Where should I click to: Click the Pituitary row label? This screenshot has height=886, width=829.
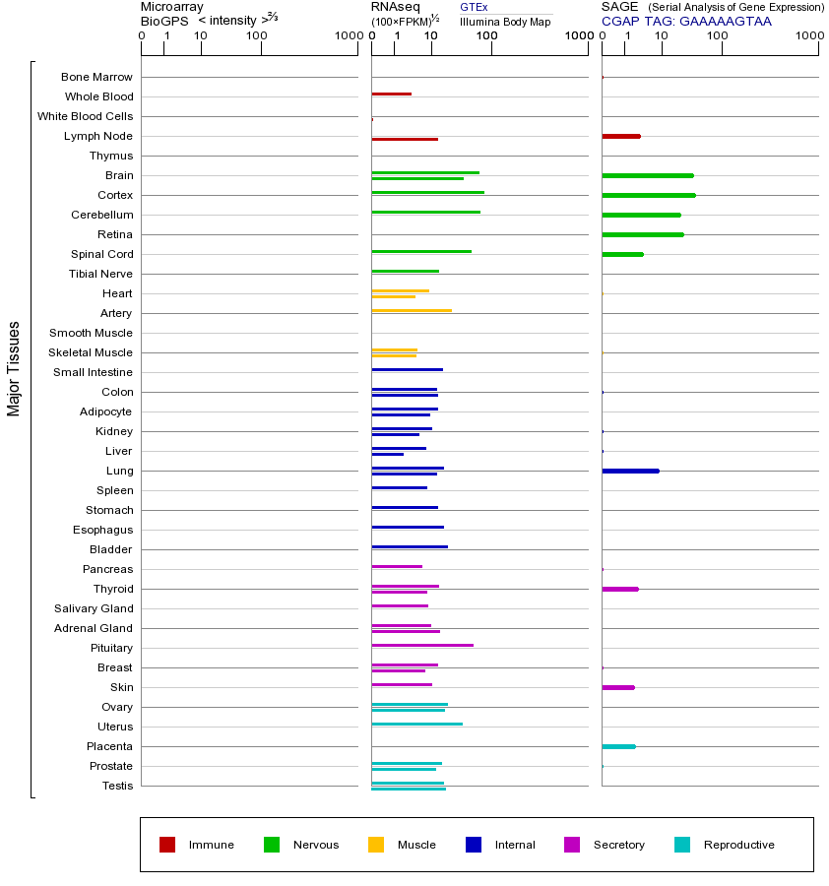(111, 648)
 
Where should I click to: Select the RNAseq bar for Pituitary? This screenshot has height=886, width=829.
(421, 645)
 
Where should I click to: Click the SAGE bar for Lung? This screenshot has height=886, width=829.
(630, 471)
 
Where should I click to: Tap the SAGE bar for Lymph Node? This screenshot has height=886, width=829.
(620, 136)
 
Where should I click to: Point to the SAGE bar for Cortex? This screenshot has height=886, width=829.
(648, 195)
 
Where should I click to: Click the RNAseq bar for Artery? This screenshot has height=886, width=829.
(412, 310)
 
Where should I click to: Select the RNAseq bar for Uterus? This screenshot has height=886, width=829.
(416, 724)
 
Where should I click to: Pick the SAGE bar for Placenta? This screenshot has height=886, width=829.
(618, 746)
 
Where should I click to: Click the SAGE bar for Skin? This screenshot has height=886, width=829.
(617, 687)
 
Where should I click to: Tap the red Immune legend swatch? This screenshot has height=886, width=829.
(167, 845)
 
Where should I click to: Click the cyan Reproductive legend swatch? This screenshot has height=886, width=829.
(682, 845)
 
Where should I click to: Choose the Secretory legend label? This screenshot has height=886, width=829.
(618, 845)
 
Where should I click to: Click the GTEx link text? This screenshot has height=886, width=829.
(474, 7)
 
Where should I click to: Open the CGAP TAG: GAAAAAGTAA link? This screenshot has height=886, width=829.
(686, 21)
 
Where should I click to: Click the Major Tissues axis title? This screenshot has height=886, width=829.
(14, 368)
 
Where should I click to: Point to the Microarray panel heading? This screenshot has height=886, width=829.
(172, 7)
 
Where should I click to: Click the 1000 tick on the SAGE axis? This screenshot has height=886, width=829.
(808, 36)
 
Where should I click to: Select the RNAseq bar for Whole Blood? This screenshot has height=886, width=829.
(391, 94)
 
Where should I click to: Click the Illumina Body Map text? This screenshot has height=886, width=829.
(505, 21)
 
